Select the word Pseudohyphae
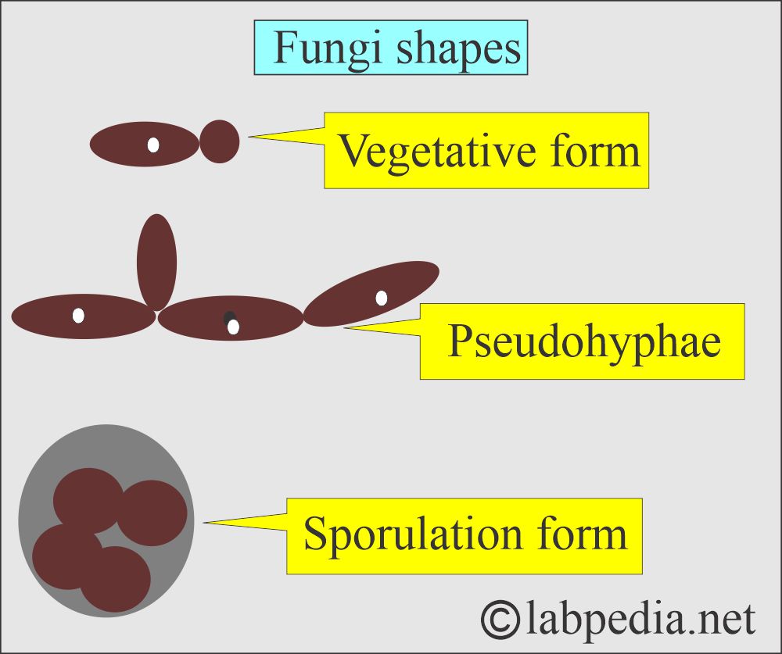pyautogui.click(x=583, y=341)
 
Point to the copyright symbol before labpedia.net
pyautogui.click(x=500, y=620)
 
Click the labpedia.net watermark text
pyautogui.click(x=640, y=619)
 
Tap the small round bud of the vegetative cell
pyautogui.click(x=220, y=141)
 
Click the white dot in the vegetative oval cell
pyautogui.click(x=153, y=145)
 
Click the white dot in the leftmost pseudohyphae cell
pyautogui.click(x=78, y=316)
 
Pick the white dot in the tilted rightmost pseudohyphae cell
pyautogui.click(x=381, y=298)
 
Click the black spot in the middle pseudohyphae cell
pyautogui.click(x=229, y=317)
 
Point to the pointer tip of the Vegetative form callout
pyautogui.click(x=250, y=137)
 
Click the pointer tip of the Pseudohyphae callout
pyautogui.click(x=345, y=327)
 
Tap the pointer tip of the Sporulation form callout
pyautogui.click(x=204, y=523)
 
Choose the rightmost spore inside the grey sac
pyautogui.click(x=153, y=513)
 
